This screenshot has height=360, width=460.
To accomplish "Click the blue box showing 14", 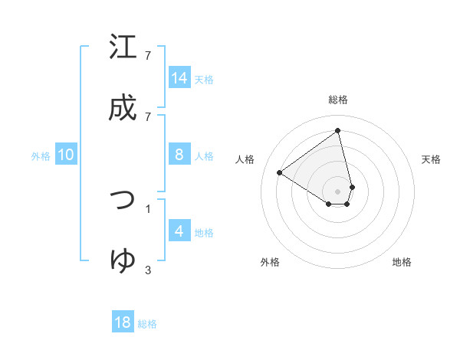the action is pos(179,78).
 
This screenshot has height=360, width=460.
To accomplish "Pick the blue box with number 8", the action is pos(179,155).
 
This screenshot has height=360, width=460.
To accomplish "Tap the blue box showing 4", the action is pos(179,231).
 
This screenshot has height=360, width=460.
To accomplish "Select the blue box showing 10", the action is pos(66,155).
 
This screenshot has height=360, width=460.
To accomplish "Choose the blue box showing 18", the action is pos(123,322).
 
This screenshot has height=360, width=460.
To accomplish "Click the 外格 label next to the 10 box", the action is pos(41,156).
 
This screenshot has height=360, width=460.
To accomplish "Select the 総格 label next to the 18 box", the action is pos(147,324).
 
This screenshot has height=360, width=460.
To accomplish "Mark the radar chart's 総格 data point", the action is pos(338,130).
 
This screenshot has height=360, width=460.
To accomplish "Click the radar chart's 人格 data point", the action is pos(280,173).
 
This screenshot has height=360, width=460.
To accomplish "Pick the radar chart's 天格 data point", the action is pos(352,186).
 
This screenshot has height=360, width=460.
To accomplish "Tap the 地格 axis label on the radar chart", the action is pos(402,262).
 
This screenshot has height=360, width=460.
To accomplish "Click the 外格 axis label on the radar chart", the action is pos(270,262).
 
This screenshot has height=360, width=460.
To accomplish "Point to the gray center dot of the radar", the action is pos(338,191).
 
